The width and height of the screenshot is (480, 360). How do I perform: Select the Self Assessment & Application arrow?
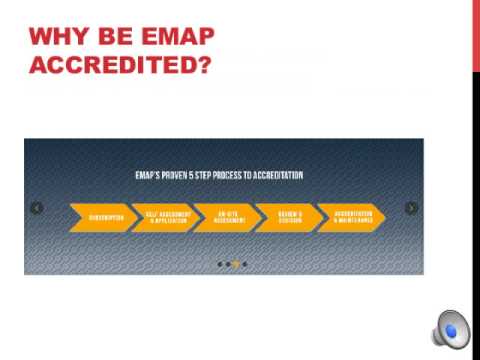(160, 217)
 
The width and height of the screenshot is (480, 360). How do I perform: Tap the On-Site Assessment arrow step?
(222, 217)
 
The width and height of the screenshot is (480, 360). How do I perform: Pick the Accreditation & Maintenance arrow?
(349, 217)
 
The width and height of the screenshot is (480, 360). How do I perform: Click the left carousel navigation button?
(37, 208)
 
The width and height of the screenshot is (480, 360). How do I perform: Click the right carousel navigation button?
(411, 208)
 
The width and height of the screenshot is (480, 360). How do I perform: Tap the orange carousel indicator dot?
(236, 264)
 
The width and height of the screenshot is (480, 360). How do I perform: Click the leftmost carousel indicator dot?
(219, 264)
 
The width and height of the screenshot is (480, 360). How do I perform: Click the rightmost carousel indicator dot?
(244, 264)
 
